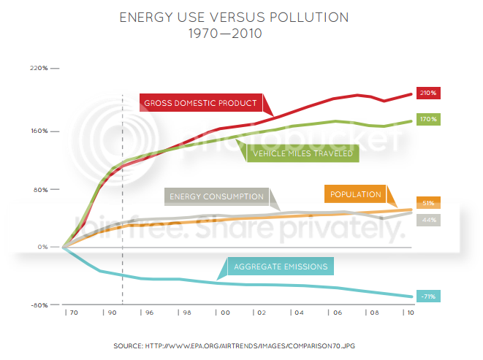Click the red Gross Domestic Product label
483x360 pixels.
[x=201, y=103]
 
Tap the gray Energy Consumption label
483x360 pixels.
[x=216, y=196]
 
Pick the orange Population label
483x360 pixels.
[x=356, y=194]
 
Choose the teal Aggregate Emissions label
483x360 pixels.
[x=281, y=266]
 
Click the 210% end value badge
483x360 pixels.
[x=428, y=93]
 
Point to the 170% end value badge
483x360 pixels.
[x=428, y=119]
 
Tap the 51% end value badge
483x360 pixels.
[x=428, y=203]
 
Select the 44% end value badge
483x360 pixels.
[x=428, y=220]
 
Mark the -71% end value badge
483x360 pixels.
[x=428, y=296]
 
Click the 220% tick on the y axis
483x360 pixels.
[x=39, y=68]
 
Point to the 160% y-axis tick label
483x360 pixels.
[x=39, y=131]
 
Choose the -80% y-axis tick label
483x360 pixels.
[x=39, y=305]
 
